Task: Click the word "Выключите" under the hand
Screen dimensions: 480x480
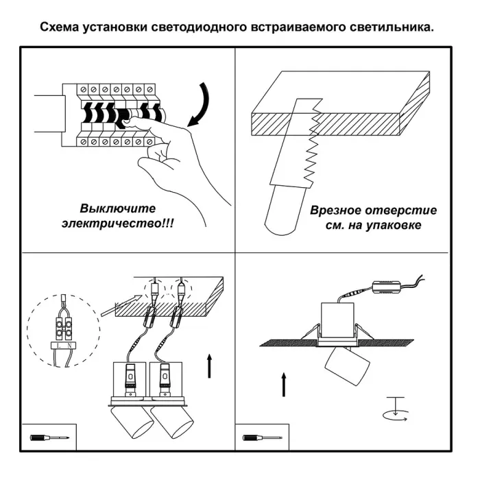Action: tap(118, 208)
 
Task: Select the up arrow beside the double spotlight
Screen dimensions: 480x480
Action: tap(208, 366)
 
